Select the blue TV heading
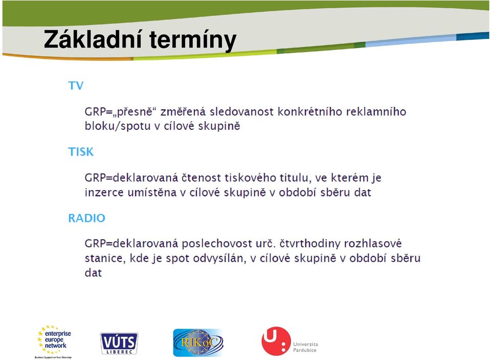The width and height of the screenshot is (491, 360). tap(76, 85)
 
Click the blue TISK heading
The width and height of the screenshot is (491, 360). tap(81, 152)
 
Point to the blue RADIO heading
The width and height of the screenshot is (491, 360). tap(87, 218)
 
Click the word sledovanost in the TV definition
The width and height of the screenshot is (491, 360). tap(241, 112)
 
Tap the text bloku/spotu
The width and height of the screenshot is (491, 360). tap(118, 126)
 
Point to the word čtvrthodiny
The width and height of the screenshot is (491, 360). tap(309, 243)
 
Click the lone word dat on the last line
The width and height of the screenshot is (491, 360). tap(93, 273)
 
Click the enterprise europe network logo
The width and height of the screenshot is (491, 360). tap(54, 342)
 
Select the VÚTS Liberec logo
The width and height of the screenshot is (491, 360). tap(119, 344)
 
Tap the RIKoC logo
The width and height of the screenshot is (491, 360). tap(198, 343)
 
